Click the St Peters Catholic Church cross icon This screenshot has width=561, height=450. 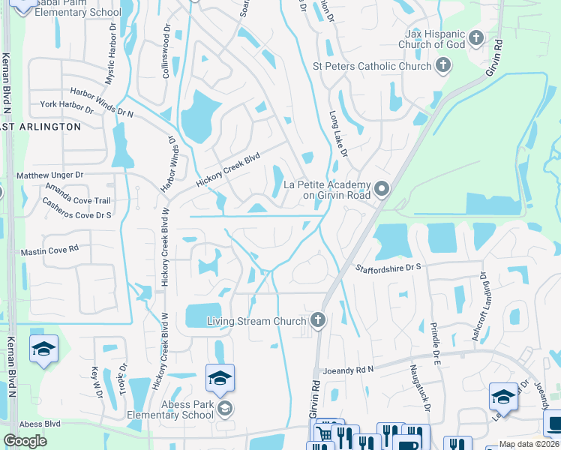[442, 66]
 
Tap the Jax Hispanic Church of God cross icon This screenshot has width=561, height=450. [475, 37]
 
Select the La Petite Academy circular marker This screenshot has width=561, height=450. [382, 188]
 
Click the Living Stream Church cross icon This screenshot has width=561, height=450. [318, 321]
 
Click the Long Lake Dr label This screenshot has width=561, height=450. [339, 134]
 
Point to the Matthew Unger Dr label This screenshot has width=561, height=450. [49, 175]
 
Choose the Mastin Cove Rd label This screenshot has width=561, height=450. [49, 250]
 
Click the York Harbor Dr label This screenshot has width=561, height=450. [67, 106]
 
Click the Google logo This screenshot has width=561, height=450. [25, 441]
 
